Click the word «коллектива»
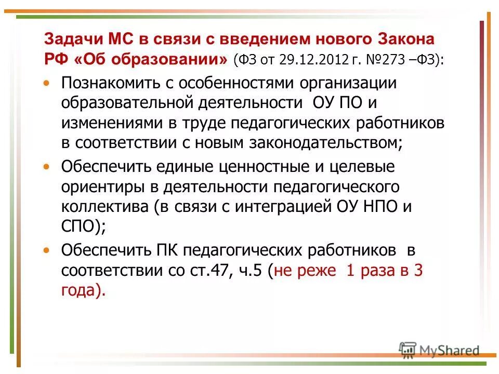click(x=104, y=207)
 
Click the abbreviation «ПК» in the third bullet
click(x=168, y=250)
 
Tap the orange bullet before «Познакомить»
click(x=47, y=83)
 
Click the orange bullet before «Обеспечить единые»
click(x=47, y=167)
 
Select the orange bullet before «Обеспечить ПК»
click(x=47, y=250)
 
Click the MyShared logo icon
click(x=408, y=350)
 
